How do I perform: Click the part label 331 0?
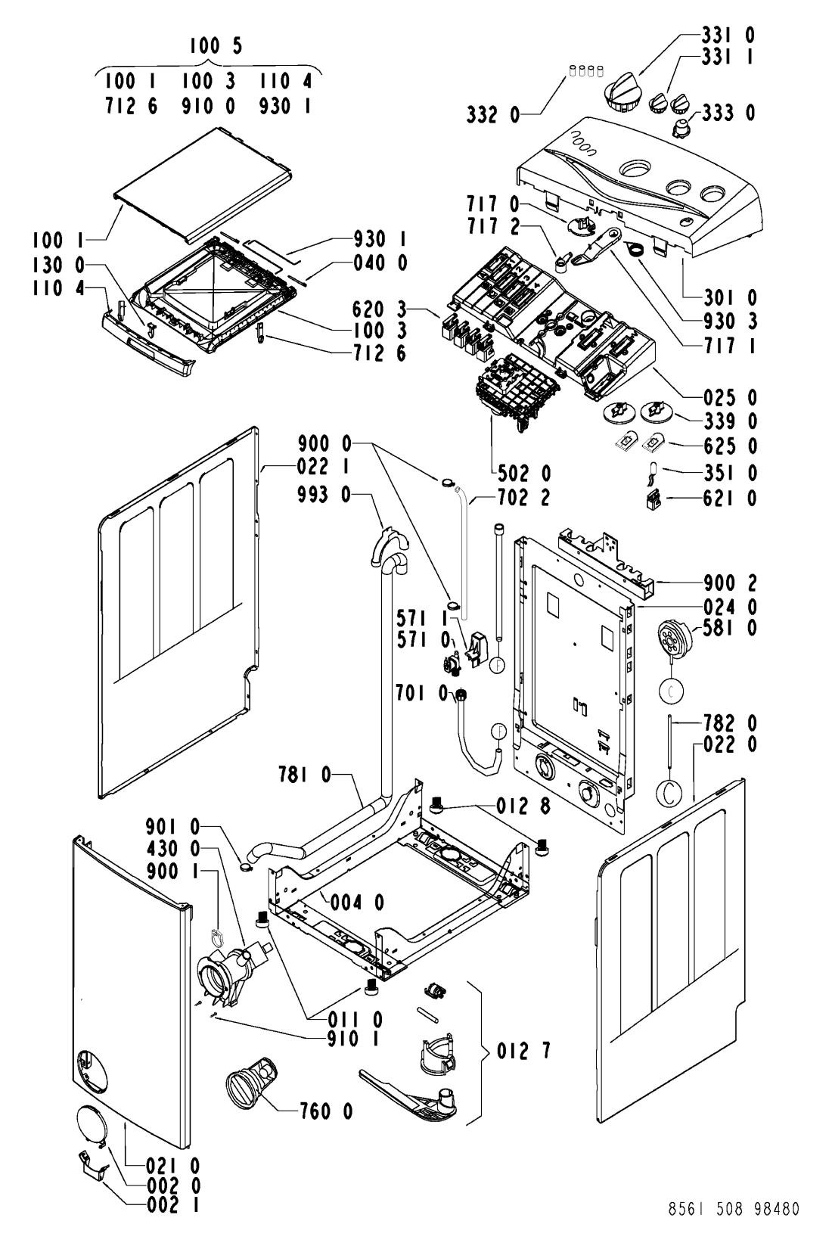click(728, 36)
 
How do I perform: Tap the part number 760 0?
click(327, 1111)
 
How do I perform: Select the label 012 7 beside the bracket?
click(523, 1050)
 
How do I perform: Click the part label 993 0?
click(324, 494)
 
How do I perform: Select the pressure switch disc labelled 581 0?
click(675, 638)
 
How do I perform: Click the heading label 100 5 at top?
click(216, 45)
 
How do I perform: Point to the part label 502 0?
click(524, 474)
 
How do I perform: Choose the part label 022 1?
click(323, 466)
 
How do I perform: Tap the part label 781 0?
click(305, 774)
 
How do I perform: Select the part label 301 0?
click(730, 298)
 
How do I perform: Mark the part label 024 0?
click(730, 606)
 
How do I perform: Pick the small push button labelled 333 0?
click(681, 127)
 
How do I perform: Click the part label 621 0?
click(730, 499)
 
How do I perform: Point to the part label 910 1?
click(354, 1039)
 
